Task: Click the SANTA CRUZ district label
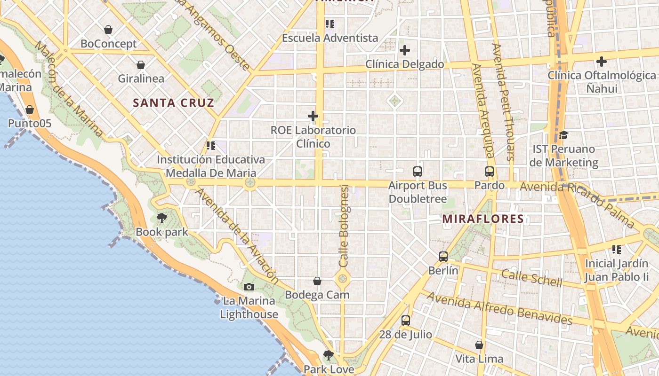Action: pos(173,103)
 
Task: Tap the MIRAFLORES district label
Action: pos(483,219)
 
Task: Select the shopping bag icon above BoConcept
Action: pos(108,30)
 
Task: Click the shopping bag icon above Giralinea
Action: pos(140,65)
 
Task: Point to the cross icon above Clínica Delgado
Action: pos(404,50)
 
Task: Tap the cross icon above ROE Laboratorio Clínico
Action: pos(313,116)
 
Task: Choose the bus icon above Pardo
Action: pos(490,172)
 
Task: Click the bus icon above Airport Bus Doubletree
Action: pos(418,172)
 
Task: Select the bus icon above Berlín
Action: pos(443,257)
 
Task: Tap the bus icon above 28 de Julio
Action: pos(406,321)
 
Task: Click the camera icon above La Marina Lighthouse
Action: pos(249,287)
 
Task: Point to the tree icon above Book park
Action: pos(162,218)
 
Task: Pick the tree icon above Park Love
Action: pos(329,355)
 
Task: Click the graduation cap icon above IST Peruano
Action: pos(563,135)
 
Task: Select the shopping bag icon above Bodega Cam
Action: pos(317,282)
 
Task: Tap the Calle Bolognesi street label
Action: pos(344,226)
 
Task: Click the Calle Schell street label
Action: pos(531,278)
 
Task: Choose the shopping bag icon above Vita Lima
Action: pos(479,345)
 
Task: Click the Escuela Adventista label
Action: pos(330,38)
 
